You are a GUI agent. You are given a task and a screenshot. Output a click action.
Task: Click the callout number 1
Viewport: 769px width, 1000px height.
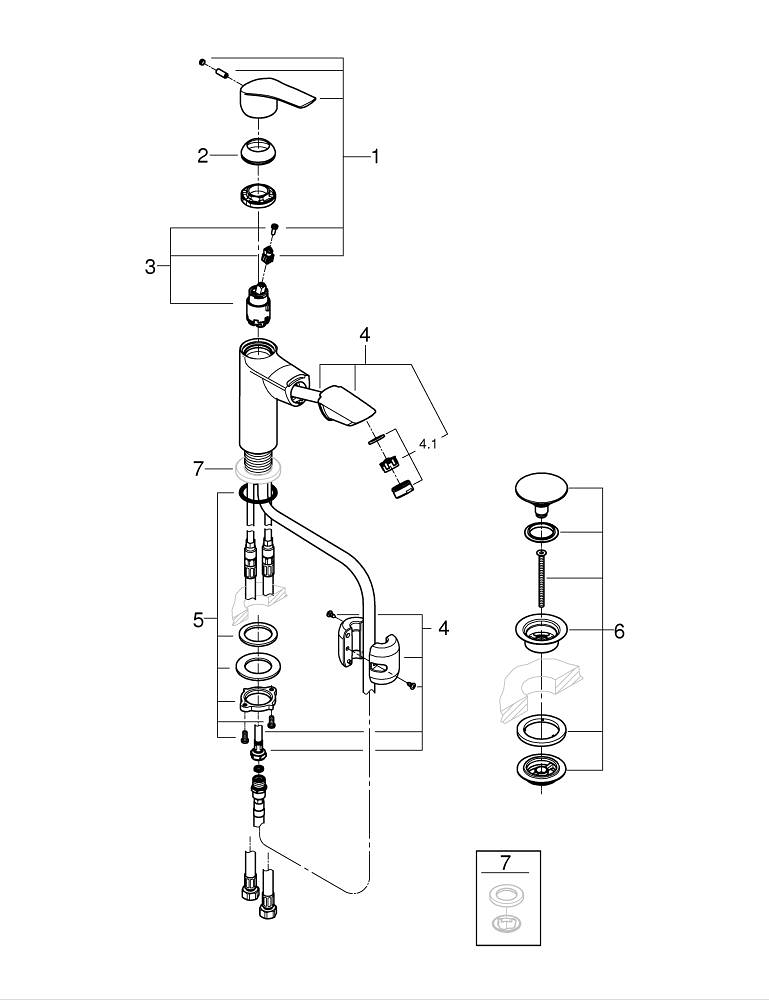click(x=375, y=156)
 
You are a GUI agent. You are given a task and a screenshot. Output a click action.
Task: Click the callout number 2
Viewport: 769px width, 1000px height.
click(x=203, y=155)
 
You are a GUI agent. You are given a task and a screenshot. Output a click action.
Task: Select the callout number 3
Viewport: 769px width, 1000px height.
click(x=150, y=267)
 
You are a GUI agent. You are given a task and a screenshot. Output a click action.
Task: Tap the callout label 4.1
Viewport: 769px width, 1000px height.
click(x=428, y=443)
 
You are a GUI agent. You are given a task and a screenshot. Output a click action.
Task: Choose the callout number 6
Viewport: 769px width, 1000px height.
click(x=619, y=631)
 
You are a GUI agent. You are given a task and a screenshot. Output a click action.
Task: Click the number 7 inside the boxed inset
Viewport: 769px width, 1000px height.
click(x=506, y=861)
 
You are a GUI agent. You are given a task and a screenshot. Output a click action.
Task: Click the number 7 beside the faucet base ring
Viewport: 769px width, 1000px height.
click(x=199, y=468)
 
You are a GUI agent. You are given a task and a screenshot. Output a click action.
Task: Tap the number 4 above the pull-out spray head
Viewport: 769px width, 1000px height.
click(x=365, y=332)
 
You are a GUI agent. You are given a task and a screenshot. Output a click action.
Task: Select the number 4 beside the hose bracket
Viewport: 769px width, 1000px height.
click(x=442, y=627)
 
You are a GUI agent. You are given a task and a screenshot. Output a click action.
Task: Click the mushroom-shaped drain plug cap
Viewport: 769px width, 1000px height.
click(x=539, y=489)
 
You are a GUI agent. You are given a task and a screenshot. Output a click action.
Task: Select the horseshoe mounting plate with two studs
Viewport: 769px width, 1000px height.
click(x=256, y=701)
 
